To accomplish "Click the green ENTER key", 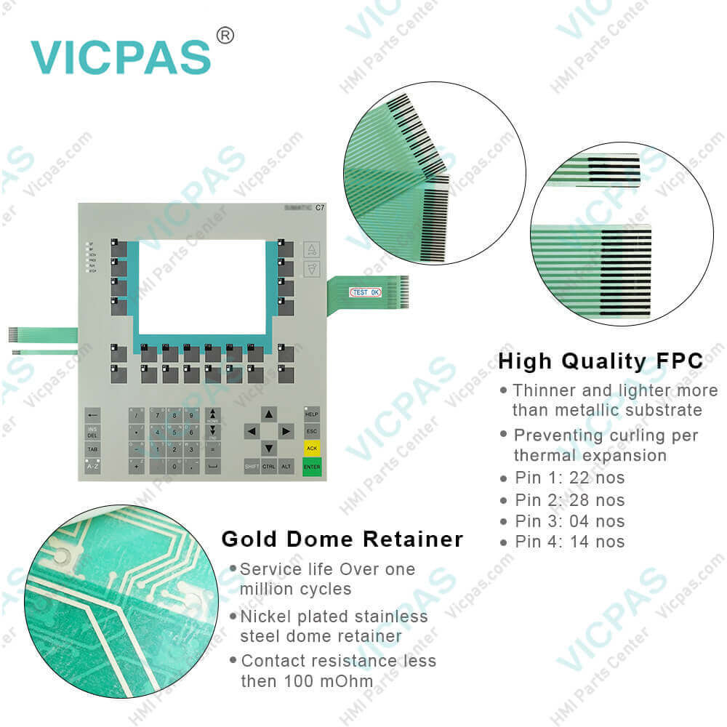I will click(312, 466).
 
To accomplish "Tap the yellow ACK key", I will click(312, 449).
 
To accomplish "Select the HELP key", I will click(312, 414).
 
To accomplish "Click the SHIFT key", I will click(252, 466).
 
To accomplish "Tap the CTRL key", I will click(269, 466).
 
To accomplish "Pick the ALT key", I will click(286, 466).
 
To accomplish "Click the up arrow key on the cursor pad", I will click(269, 414).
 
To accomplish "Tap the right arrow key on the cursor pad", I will click(286, 432).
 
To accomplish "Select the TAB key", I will click(92, 449).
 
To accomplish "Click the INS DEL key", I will click(92, 432).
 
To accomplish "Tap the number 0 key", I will click(174, 466).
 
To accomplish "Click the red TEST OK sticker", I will click(365, 292).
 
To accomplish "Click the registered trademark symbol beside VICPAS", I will click(225, 36).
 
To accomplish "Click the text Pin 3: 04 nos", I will click(569, 521).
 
